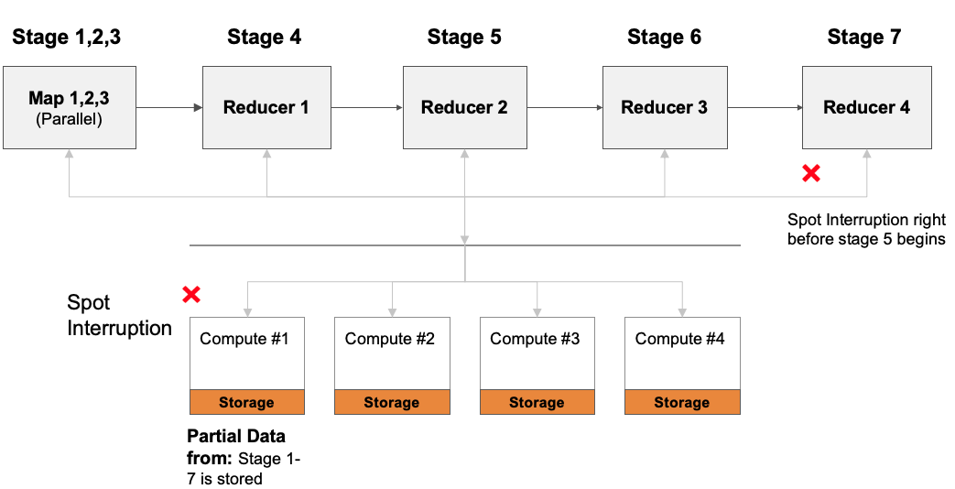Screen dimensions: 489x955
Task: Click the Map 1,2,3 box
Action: coord(70,107)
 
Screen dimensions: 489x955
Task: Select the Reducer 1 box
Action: coord(266,107)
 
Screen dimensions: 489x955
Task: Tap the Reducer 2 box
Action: coord(464,107)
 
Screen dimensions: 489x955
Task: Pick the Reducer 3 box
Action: coord(664,107)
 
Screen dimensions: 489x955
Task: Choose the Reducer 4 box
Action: coord(866,107)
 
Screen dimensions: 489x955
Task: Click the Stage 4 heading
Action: coord(264,38)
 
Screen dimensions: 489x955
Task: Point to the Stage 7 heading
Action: coord(863,38)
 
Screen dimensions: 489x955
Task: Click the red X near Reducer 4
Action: coord(810,173)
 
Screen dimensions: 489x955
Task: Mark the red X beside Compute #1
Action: coord(191,294)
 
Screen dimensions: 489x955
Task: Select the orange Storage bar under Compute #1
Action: coord(246,402)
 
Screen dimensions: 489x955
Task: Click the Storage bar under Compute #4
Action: coord(681,402)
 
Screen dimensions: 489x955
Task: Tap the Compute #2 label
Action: coord(390,339)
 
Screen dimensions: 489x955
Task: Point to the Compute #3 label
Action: coord(535,339)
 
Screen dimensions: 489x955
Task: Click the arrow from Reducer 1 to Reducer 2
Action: coord(366,107)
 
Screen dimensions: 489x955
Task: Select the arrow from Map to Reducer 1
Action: coord(168,107)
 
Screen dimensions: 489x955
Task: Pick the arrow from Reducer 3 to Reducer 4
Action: coord(765,107)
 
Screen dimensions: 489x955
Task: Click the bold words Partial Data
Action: coord(236,435)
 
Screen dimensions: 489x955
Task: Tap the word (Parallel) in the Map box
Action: coord(70,119)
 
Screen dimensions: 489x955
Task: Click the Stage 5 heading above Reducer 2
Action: coord(464,38)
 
